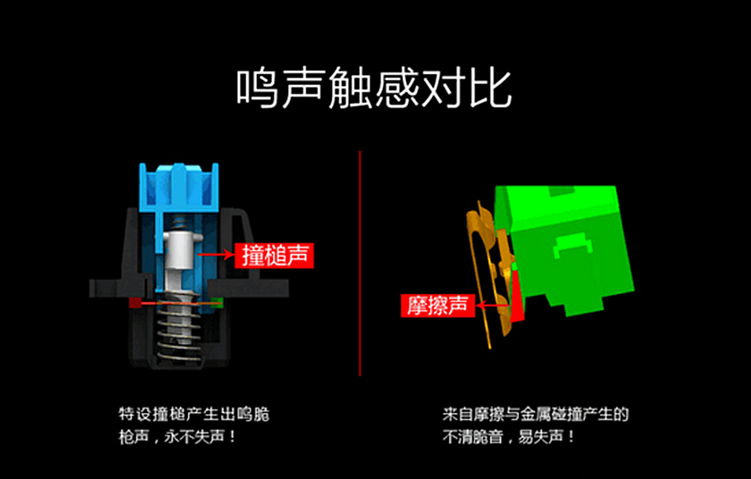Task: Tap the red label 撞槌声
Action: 275,255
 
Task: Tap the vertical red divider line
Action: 360,263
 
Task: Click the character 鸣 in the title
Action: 255,88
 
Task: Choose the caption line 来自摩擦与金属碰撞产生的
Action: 535,414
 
